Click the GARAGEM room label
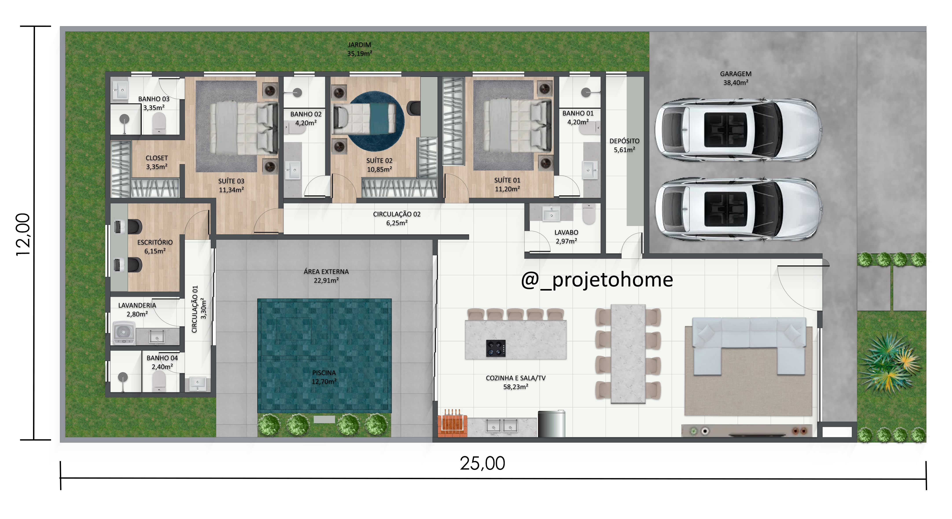[x=735, y=74]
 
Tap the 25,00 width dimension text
[x=482, y=463]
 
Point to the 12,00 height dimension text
[x=23, y=235]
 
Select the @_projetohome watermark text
[x=597, y=280]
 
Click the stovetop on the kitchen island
[x=495, y=348]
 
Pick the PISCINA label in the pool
[x=324, y=373]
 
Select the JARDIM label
[x=359, y=45]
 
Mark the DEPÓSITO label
[x=624, y=141]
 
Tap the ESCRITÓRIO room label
[x=155, y=242]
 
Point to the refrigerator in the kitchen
[x=551, y=424]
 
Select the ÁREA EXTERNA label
[x=326, y=272]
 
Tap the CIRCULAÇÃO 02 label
[x=397, y=214]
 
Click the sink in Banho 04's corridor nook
[x=198, y=383]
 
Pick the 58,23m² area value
[x=516, y=387]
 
